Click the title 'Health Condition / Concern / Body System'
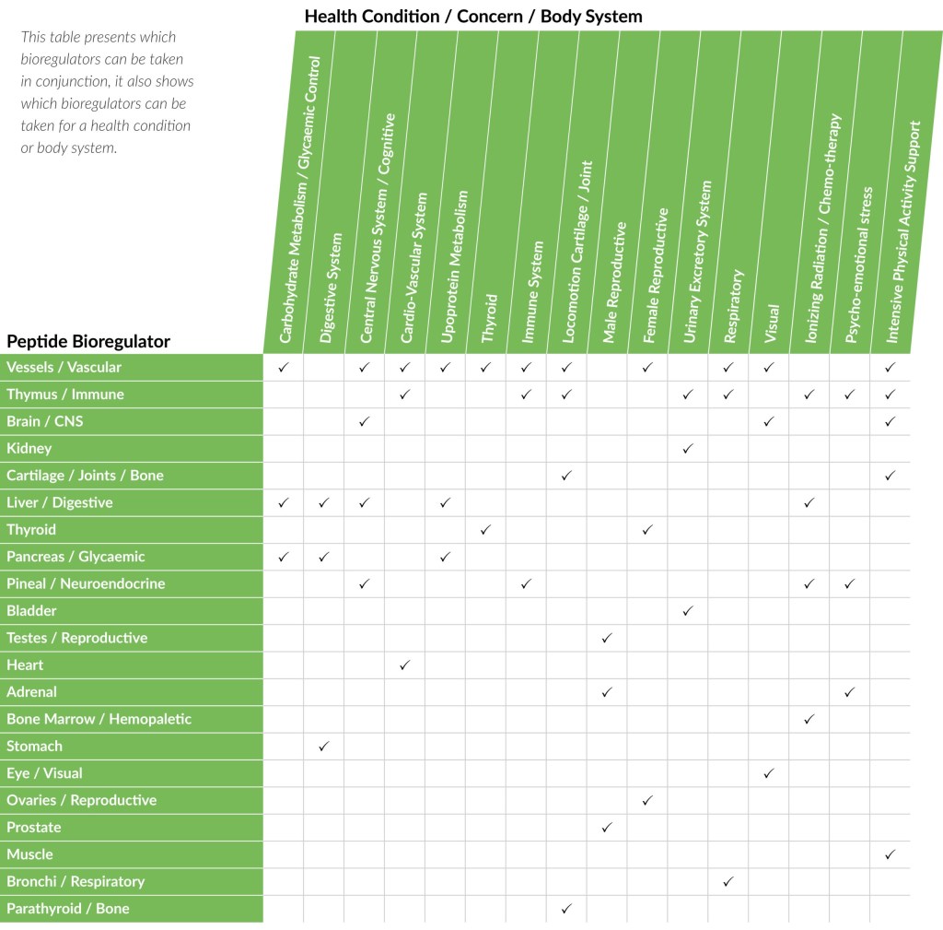pyautogui.click(x=473, y=17)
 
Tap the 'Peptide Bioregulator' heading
pyautogui.click(x=88, y=341)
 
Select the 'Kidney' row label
pyautogui.click(x=29, y=449)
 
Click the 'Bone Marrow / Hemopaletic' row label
pyautogui.click(x=99, y=719)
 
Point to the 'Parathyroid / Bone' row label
pyautogui.click(x=68, y=909)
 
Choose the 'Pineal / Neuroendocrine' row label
pyautogui.click(x=86, y=583)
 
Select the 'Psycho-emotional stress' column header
pyautogui.click(x=856, y=263)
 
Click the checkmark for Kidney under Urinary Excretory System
pyautogui.click(x=688, y=449)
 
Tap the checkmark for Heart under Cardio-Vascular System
pyautogui.click(x=404, y=665)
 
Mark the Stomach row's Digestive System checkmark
pyautogui.click(x=323, y=746)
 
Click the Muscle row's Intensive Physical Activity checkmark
pyautogui.click(x=890, y=854)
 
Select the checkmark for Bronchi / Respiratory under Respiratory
pyautogui.click(x=728, y=881)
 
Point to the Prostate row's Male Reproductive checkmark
pyautogui.click(x=606, y=827)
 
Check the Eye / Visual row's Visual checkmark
pyautogui.click(x=768, y=773)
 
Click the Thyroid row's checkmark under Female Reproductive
pyautogui.click(x=647, y=530)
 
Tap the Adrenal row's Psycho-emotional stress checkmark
pyautogui.click(x=849, y=691)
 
